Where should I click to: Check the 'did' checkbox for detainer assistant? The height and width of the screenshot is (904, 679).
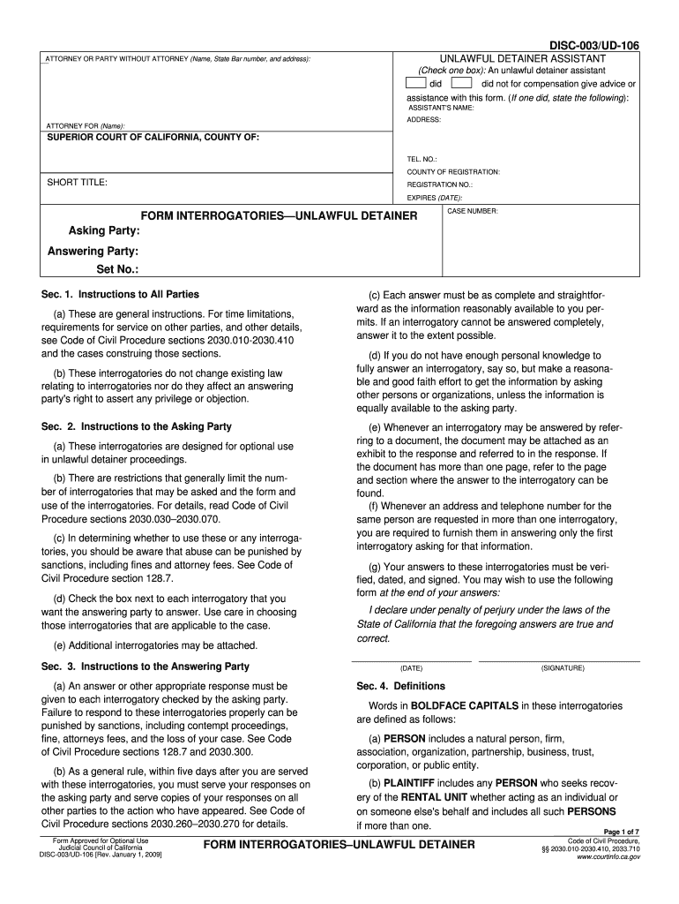click(x=417, y=84)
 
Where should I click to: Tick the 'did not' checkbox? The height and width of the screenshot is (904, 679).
click(x=461, y=84)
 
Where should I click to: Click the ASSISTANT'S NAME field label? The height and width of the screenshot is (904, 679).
click(x=440, y=108)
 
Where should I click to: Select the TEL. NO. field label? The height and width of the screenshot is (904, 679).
click(x=422, y=160)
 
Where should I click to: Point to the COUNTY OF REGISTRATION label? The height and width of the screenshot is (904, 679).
click(x=453, y=172)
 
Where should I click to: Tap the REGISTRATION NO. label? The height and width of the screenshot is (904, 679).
click(x=439, y=185)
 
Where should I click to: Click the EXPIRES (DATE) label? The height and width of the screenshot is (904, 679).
click(x=435, y=198)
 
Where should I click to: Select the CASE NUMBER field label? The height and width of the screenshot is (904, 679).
click(x=473, y=212)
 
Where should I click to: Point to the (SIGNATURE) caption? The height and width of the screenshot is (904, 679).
click(x=563, y=668)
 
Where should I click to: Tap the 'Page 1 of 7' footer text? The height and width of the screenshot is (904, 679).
click(x=621, y=832)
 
